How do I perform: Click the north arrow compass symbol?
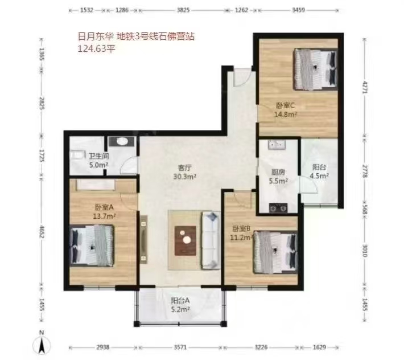41,342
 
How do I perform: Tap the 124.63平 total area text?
96,49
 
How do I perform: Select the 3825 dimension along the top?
183,10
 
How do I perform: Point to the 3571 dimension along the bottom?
180,347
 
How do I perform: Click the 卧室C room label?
285,105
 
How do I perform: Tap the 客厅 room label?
185,167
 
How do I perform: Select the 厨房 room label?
278,172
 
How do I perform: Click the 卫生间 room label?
98,156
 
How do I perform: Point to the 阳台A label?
180,300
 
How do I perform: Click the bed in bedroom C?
316,69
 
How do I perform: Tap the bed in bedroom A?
92,246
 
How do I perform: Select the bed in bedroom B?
276,252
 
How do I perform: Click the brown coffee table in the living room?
185,241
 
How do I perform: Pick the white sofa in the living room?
211,240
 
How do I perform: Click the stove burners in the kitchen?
278,208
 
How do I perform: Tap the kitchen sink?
277,145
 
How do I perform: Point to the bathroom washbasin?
122,142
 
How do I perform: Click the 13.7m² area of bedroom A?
104,216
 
